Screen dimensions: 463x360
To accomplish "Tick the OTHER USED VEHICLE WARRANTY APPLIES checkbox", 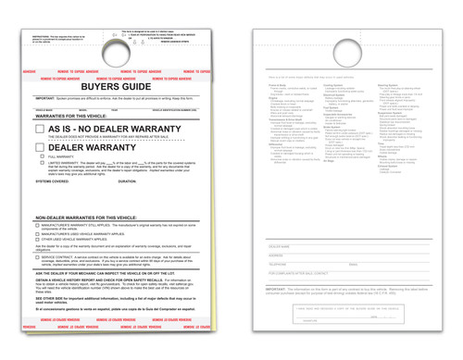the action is (38, 241).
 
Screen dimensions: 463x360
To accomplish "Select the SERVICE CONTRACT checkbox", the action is (38, 257).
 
